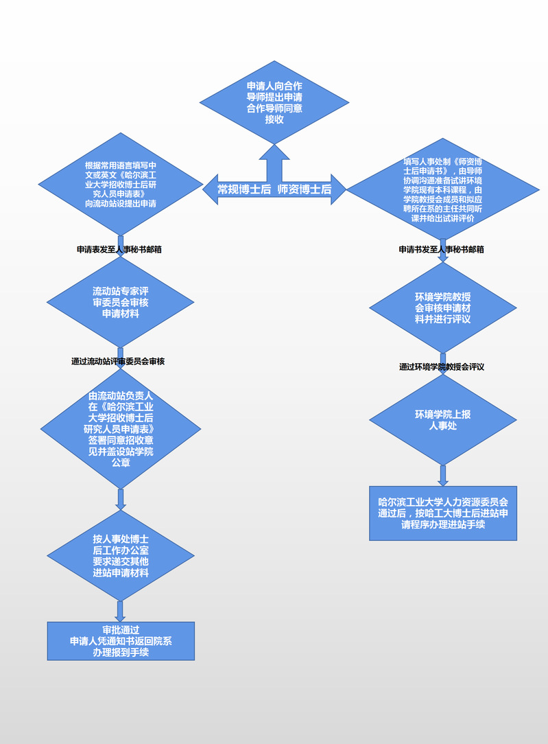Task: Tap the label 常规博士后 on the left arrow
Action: [244, 189]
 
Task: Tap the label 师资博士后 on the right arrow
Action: [305, 189]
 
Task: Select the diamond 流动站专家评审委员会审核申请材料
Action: [121, 302]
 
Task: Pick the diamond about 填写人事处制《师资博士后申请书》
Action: [442, 189]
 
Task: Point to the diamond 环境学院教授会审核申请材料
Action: [442, 307]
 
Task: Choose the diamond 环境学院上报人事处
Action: [442, 419]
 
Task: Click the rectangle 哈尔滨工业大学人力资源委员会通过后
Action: [442, 513]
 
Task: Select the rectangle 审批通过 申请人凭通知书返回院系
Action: [121, 641]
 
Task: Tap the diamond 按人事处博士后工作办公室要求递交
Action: [121, 555]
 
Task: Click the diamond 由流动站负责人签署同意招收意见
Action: [121, 429]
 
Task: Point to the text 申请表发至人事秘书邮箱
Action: [119, 250]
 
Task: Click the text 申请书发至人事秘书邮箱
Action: [442, 250]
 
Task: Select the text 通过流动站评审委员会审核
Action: [118, 361]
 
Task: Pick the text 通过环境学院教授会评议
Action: [442, 367]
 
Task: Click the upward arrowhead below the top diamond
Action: [274, 152]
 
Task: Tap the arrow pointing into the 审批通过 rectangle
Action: [121, 611]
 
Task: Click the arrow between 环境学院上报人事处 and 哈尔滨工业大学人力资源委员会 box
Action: [443, 475]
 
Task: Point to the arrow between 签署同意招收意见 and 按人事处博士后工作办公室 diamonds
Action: [121, 498]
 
